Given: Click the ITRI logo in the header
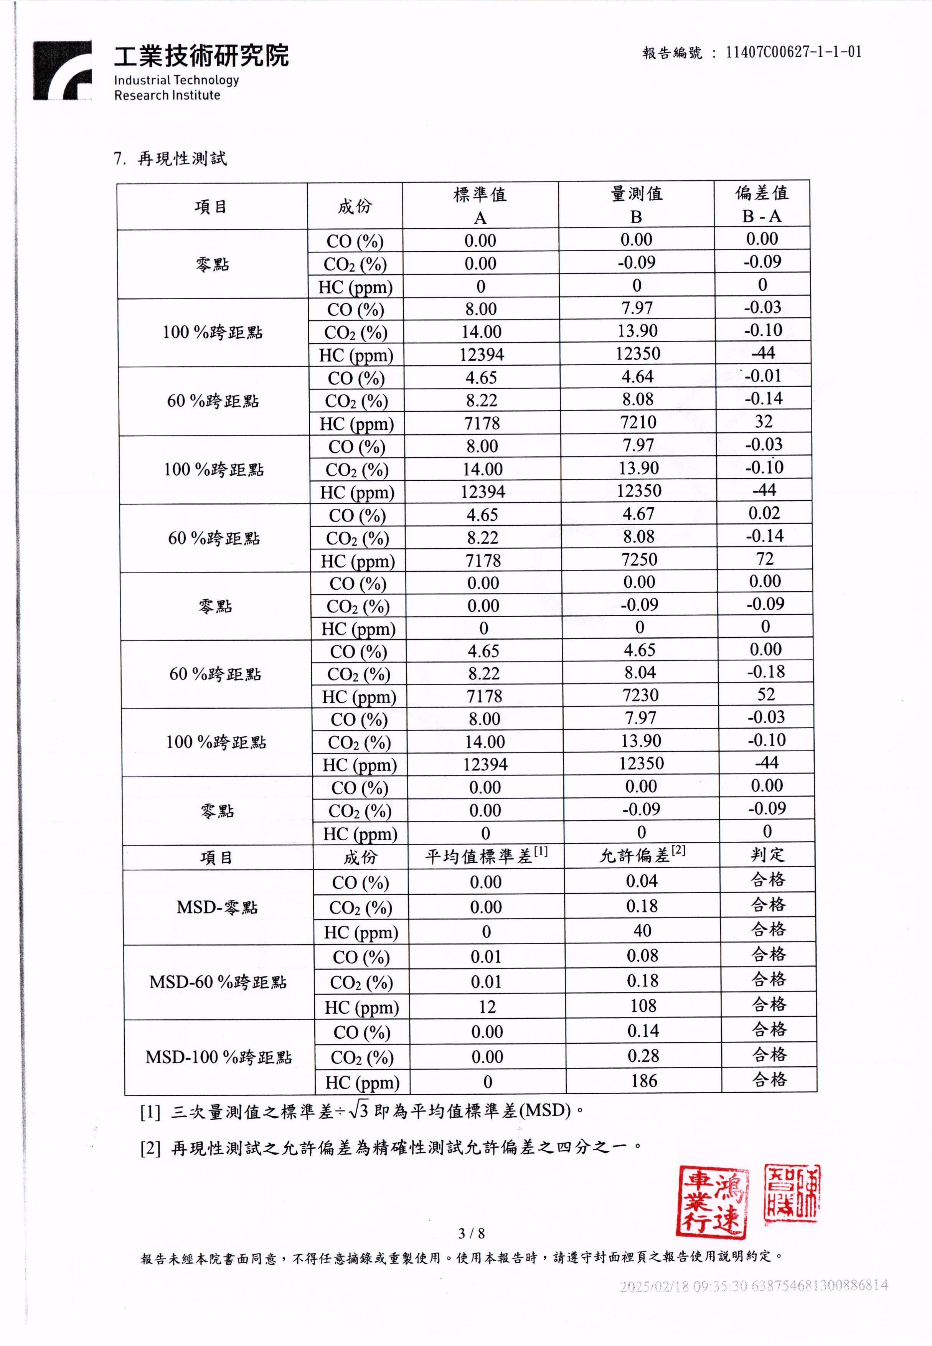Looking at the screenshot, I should coord(63,70).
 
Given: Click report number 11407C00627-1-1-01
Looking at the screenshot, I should coord(793,52).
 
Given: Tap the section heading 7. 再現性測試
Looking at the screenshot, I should coord(170,158).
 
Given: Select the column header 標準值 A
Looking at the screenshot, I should coord(480,205).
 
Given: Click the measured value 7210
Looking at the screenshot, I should coord(638,422).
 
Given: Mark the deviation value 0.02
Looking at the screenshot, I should coord(764,513).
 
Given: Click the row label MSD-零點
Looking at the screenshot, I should coord(217,907).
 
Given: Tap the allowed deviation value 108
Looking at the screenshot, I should coord(643,1006).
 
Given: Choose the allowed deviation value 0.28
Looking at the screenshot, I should coord(643,1056).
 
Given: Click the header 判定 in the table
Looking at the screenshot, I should coord(768,855).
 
